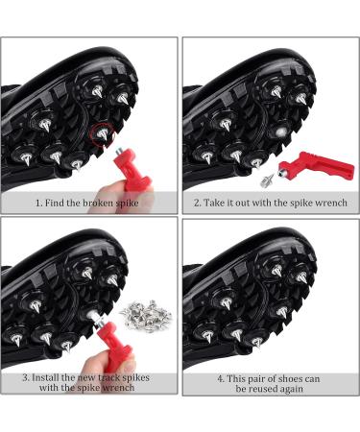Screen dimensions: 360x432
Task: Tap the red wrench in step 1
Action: coord(132,170)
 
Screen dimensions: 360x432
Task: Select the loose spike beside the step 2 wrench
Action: coord(268,180)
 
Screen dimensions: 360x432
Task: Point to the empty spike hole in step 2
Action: coord(281,132)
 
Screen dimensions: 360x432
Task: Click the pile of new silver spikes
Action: coord(146,315)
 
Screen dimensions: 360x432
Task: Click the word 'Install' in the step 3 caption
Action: coord(45,377)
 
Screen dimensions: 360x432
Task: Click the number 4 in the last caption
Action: coord(221,379)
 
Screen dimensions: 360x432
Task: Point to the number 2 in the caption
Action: coord(197,203)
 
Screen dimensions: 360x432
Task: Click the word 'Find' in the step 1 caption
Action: coord(55,203)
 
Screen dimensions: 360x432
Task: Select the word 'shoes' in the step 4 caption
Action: coord(282,379)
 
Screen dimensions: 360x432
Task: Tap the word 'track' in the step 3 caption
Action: coord(108,377)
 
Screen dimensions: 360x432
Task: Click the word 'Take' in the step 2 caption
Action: coord(214,203)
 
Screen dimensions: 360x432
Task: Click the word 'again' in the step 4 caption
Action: coord(291,390)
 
